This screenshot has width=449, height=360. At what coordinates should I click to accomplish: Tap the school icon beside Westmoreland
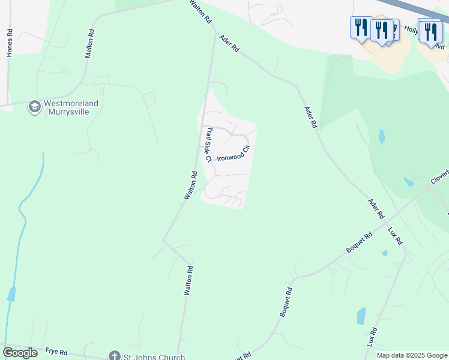pyautogui.click(x=34, y=107)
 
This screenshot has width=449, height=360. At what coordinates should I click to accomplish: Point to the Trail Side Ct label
pyautogui.click(x=209, y=145)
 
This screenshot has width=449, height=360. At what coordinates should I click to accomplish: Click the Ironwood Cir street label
pyautogui.click(x=233, y=154)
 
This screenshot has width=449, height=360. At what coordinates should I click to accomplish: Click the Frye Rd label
pyautogui.click(x=56, y=352)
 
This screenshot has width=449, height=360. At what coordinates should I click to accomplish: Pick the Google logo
pyautogui.click(x=20, y=353)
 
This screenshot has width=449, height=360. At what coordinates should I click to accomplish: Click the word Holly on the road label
pyautogui.click(x=411, y=29)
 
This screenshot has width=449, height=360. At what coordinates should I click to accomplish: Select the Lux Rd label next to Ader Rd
pyautogui.click(x=395, y=236)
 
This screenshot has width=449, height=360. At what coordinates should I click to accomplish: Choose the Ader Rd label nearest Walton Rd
pyautogui.click(x=229, y=43)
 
